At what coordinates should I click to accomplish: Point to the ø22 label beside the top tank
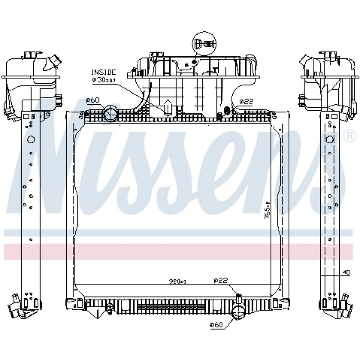click(x=246, y=102)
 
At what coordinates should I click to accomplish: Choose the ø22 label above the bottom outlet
click(x=221, y=281)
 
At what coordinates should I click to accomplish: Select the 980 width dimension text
click(x=178, y=281)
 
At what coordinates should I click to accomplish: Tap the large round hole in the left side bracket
click(x=30, y=139)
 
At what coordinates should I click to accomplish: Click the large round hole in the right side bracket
click(x=330, y=139)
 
